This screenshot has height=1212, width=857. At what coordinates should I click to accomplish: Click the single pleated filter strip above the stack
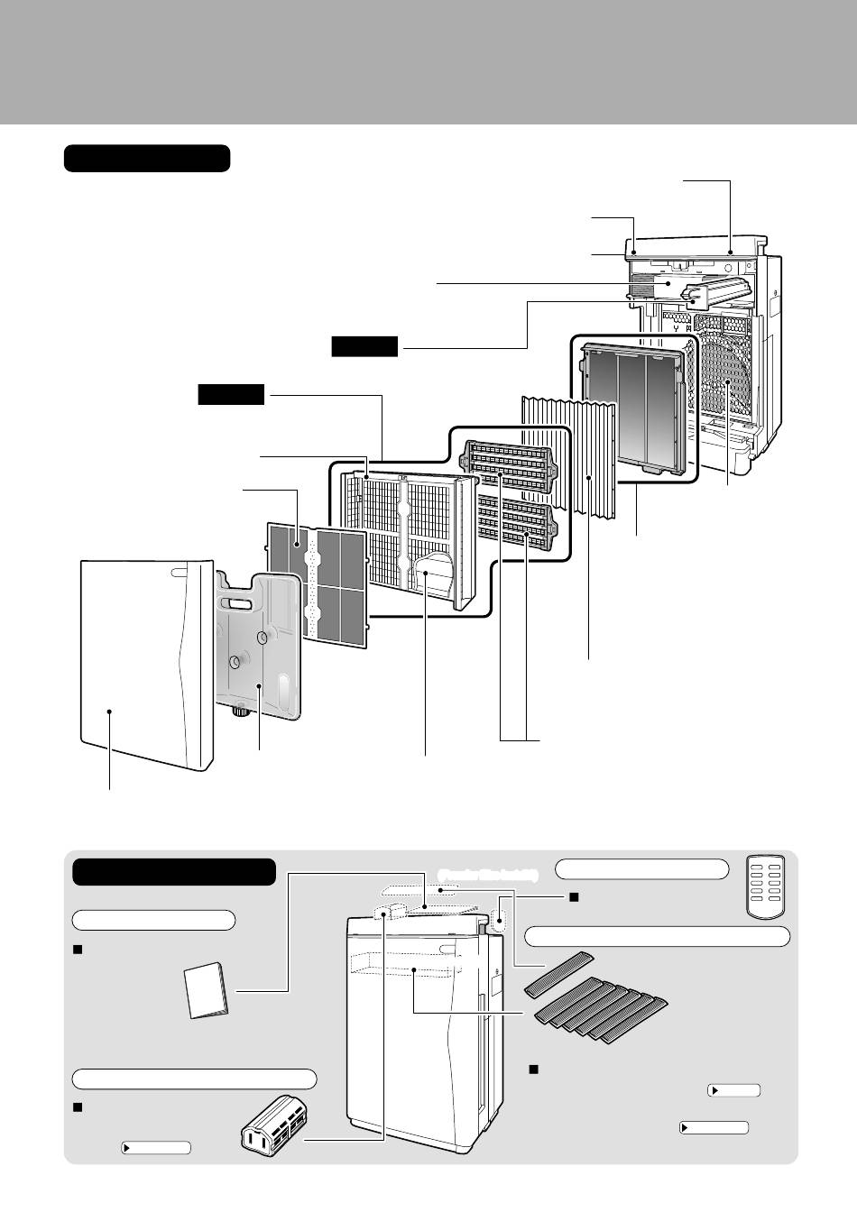562,971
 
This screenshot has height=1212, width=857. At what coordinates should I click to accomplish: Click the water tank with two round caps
259,645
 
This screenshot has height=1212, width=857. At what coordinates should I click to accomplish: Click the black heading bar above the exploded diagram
147,159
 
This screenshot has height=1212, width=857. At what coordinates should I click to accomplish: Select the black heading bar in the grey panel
173,872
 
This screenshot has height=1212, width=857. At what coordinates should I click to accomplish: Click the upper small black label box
364,346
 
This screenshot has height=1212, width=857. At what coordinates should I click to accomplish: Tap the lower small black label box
231,394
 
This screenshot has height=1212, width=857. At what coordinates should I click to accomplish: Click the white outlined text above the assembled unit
487,875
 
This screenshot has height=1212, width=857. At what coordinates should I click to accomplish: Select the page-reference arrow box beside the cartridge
156,1148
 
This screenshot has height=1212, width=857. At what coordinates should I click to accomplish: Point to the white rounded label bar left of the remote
641,869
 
